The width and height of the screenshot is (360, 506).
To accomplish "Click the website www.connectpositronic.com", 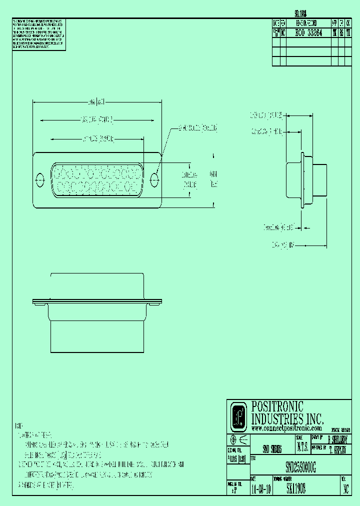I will tap(286, 428).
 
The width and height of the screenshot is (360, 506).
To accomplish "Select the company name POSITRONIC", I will tap(277, 407).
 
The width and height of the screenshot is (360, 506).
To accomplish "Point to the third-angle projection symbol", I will tap(237, 439).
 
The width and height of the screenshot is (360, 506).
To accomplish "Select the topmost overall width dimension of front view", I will tap(96, 102).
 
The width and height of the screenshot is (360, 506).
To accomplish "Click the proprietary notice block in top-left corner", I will tap(38, 34).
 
